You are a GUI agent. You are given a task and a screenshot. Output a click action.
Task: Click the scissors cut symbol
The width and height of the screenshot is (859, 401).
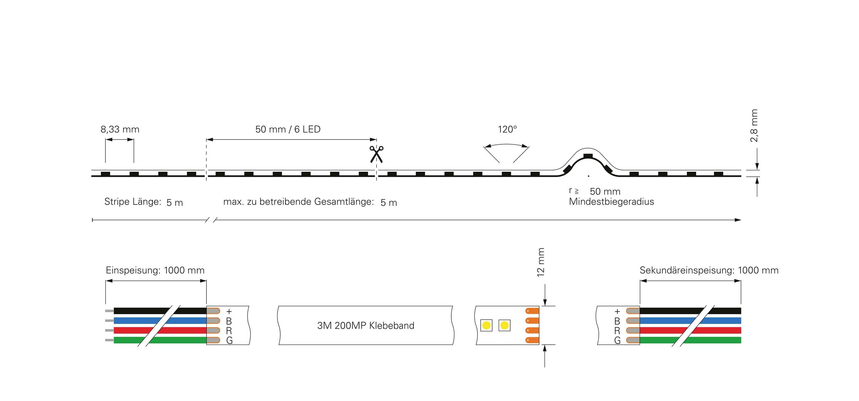[x=377, y=154]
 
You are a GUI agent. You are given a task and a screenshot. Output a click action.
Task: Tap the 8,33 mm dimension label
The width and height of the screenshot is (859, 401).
[x=120, y=129]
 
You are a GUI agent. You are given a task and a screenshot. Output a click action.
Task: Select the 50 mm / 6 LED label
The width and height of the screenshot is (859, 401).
[x=288, y=129]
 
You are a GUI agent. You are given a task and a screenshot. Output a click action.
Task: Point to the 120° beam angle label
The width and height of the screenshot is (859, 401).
[x=507, y=129]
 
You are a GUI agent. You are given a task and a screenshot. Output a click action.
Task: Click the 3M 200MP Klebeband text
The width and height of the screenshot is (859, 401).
[x=365, y=325]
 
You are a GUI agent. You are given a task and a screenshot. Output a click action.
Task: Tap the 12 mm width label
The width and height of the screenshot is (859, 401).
[x=541, y=262]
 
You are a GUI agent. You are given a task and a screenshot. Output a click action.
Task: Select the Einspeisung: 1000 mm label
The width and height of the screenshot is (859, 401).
[x=155, y=270]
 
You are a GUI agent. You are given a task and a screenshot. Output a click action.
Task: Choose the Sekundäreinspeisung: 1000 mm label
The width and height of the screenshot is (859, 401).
[x=709, y=270]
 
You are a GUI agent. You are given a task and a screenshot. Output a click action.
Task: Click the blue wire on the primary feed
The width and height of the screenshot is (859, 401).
[x=140, y=321]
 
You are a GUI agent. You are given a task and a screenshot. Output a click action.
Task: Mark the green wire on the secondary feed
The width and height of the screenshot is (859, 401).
[x=717, y=340]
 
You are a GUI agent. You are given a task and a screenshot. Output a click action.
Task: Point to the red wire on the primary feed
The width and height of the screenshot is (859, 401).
[x=133, y=330]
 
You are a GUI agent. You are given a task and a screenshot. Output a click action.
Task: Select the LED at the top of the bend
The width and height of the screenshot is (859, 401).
[x=588, y=156]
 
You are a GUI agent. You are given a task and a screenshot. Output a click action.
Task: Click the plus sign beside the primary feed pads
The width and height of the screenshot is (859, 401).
[x=229, y=312]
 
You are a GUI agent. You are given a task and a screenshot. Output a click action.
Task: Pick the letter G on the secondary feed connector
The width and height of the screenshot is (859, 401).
[x=617, y=340]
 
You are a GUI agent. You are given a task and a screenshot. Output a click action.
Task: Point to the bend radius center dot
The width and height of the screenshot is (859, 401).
[x=589, y=176]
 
